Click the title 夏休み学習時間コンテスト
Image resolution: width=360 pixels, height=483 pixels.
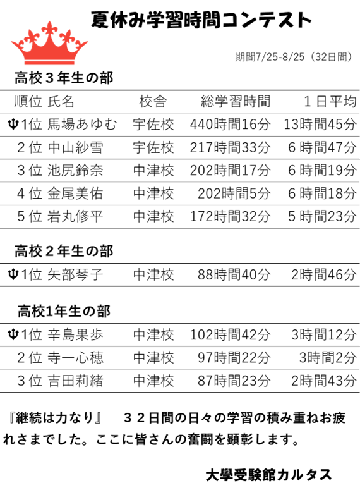(201, 20)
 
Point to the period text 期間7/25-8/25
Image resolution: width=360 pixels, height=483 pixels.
(270, 57)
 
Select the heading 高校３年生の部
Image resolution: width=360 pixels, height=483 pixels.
(64, 78)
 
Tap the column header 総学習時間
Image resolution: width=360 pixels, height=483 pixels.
(236, 101)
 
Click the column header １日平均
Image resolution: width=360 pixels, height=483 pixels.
(330, 101)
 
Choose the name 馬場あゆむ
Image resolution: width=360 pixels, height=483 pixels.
(83, 125)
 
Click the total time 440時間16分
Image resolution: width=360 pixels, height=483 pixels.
(230, 125)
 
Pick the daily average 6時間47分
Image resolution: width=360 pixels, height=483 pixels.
(322, 147)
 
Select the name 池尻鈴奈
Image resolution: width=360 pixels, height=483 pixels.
(75, 170)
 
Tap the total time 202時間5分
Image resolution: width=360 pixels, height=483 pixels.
(234, 193)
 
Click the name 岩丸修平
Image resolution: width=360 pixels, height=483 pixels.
(75, 216)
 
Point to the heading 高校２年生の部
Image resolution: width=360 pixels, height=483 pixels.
(64, 251)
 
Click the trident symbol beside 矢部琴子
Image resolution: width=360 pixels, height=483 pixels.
(13, 274)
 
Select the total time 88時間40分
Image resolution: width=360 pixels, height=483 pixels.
(234, 274)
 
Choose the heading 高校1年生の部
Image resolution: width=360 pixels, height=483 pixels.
(64, 312)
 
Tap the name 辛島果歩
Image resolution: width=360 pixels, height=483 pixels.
(75, 334)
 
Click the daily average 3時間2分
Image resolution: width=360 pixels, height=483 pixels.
(328, 358)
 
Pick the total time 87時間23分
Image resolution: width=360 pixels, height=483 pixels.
(234, 381)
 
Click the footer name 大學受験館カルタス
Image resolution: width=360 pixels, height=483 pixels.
(268, 474)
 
